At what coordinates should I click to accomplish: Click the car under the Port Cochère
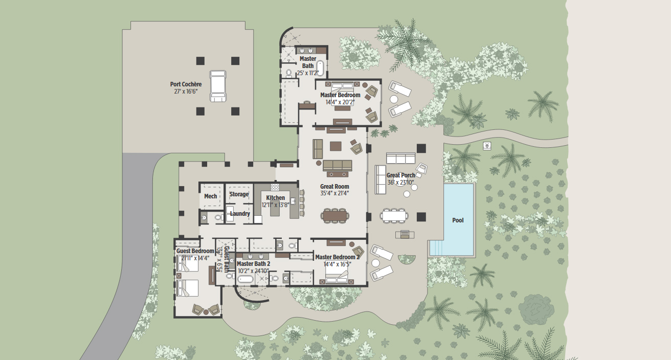click(218, 86)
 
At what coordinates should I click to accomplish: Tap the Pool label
click(458, 220)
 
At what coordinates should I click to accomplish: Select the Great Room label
click(334, 186)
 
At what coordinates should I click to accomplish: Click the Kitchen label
click(276, 198)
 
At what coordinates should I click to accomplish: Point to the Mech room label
click(211, 196)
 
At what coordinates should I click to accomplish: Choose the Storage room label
click(239, 194)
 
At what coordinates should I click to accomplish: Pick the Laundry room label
click(240, 214)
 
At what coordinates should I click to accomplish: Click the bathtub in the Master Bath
click(320, 68)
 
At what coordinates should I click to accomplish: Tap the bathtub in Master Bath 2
click(245, 279)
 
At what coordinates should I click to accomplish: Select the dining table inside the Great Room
click(335, 216)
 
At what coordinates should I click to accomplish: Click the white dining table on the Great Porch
click(394, 215)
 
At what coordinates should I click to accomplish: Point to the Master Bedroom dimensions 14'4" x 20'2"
click(340, 102)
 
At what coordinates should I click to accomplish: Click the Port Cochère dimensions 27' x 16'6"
click(186, 92)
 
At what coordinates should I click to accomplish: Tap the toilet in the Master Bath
click(289, 73)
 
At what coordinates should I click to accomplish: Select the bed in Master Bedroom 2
click(337, 274)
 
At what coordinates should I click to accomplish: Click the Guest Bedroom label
click(195, 251)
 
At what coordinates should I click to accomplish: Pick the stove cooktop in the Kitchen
click(275, 187)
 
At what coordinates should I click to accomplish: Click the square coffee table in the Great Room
click(335, 146)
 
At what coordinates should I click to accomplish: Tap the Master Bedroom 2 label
click(338, 257)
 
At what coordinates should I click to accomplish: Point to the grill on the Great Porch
click(405, 234)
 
